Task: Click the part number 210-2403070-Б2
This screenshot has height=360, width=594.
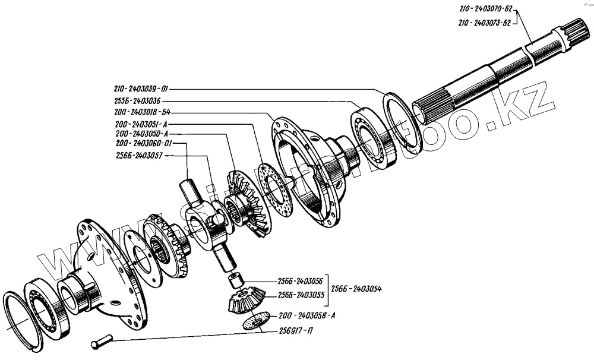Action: (485, 10)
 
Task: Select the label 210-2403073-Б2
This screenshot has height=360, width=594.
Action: (485, 23)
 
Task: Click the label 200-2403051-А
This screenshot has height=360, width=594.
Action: (143, 124)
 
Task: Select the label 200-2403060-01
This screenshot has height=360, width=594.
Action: (143, 144)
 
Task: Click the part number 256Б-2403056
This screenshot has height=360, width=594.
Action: (301, 281)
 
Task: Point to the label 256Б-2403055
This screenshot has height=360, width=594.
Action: (301, 295)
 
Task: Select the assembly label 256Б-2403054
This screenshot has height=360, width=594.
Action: (357, 288)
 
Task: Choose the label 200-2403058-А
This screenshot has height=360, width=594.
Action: (301, 315)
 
